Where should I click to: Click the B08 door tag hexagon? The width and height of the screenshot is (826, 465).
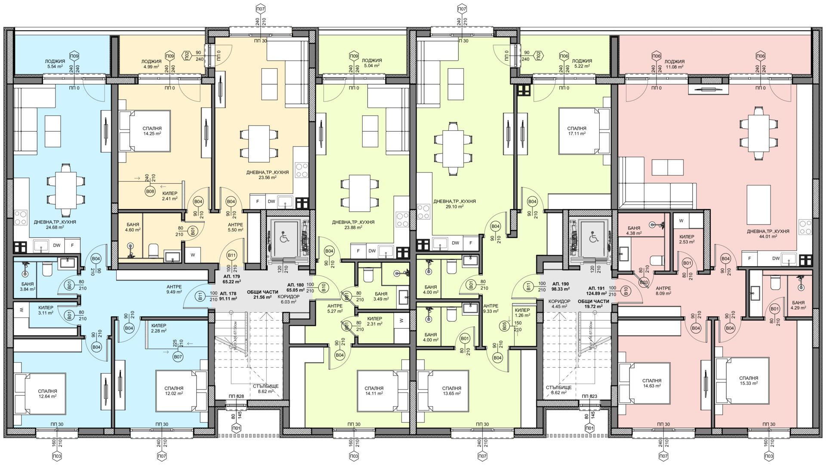click(150, 191)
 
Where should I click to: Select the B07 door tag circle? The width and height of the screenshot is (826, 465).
click(177, 357)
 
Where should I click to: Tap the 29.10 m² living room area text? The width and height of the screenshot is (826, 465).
click(454, 206)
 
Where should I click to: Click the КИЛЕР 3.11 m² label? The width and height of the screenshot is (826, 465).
click(46, 310)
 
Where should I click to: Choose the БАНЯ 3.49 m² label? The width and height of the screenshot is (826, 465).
click(381, 296)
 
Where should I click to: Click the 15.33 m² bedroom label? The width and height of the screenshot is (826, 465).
click(749, 380)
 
